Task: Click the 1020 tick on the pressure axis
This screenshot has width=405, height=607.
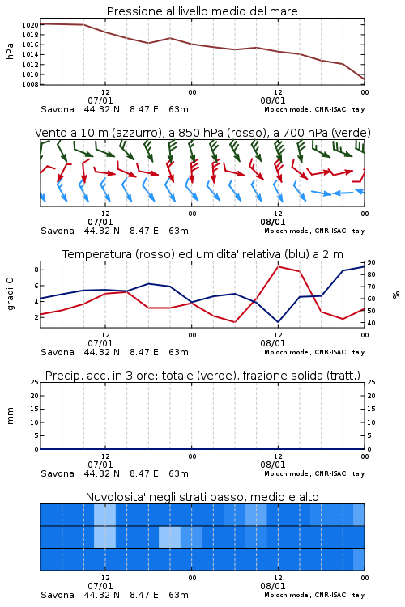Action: pyautogui.click(x=30, y=25)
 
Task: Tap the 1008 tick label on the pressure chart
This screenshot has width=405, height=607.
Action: pyautogui.click(x=30, y=84)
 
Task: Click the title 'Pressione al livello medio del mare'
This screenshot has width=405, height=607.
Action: pyautogui.click(x=202, y=11)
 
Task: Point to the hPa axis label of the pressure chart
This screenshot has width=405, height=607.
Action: pyautogui.click(x=10, y=51)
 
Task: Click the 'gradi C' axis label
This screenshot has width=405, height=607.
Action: pyautogui.click(x=10, y=295)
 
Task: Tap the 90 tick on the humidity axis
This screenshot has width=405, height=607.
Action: pyautogui.click(x=371, y=262)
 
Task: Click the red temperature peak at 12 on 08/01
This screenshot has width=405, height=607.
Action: pyautogui.click(x=279, y=266)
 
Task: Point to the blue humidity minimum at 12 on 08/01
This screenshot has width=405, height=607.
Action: pyautogui.click(x=278, y=321)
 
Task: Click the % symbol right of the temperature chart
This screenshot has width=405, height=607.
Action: pyautogui.click(x=396, y=295)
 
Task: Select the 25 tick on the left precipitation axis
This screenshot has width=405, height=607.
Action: pyautogui.click(x=35, y=382)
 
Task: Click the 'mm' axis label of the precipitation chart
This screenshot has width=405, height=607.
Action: pyautogui.click(x=10, y=416)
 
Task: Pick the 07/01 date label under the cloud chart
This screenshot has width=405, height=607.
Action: pyautogui.click(x=100, y=586)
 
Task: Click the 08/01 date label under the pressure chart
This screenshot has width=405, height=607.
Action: pyautogui.click(x=273, y=100)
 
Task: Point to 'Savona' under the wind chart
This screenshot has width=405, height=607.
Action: pyautogui.click(x=58, y=231)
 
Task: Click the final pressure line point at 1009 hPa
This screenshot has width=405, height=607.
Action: pyautogui.click(x=364, y=79)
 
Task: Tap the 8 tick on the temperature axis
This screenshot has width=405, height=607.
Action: pyautogui.click(x=36, y=270)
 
